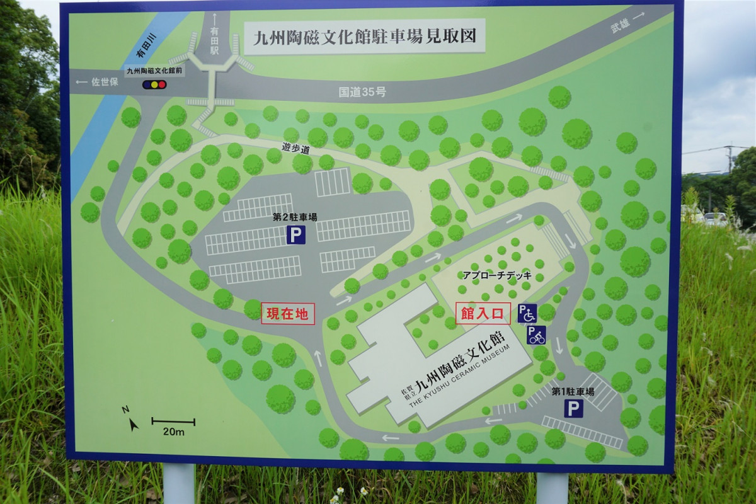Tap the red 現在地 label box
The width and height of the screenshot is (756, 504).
pyautogui.click(x=287, y=313)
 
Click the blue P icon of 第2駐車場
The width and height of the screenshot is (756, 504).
pyautogui.click(x=296, y=236)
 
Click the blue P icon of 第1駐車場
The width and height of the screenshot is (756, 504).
pyautogui.click(x=573, y=409)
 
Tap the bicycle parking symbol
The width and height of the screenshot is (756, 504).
pyautogui.click(x=536, y=335)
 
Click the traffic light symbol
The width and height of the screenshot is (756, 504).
pyautogui.click(x=154, y=84)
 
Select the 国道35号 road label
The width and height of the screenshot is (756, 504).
pyautogui.click(x=362, y=92)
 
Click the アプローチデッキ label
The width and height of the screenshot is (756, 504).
pyautogui.click(x=497, y=276)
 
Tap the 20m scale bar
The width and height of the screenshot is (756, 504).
pyautogui.click(x=173, y=421)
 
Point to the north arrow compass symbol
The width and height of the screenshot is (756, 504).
pyautogui.click(x=130, y=419)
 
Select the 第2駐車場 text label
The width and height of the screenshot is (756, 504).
pyautogui.click(x=295, y=217)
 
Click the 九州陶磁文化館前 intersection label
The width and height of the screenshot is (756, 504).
pyautogui.click(x=154, y=71)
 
